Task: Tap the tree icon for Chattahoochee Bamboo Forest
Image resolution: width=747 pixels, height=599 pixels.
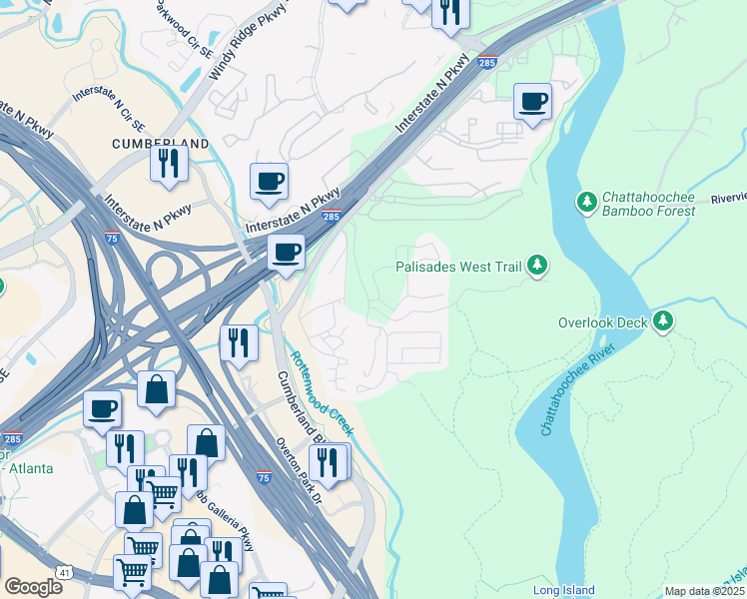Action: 586,203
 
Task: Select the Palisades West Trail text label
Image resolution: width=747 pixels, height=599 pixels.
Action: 458,268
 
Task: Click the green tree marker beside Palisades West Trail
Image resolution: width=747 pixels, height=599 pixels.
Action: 538,265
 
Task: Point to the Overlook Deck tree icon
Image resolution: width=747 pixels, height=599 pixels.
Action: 662,321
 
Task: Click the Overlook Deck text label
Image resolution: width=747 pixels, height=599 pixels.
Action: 602,323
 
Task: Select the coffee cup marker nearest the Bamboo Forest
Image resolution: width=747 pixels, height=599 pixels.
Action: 532,101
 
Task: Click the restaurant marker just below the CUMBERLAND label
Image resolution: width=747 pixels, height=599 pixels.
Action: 169,163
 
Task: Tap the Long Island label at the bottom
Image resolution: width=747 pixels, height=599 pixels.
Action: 563,590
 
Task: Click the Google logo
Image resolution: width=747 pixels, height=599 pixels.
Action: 34,587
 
